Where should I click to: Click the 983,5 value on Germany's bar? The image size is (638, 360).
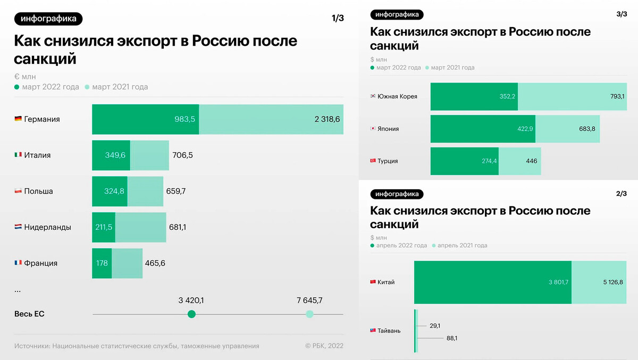point(185,119)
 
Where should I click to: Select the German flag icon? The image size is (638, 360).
point(18,119)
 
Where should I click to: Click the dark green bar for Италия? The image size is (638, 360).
point(111,155)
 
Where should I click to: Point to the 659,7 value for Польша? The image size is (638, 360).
point(177,191)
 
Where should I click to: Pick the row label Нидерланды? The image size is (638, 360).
point(48,227)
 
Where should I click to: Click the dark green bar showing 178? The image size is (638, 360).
point(102,263)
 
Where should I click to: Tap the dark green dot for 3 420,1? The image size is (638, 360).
point(192,314)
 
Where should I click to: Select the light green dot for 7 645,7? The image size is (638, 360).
point(309,314)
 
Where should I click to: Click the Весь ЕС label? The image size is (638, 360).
point(29,314)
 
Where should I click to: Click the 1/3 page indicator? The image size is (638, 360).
point(338,19)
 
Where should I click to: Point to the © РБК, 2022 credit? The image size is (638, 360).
point(324,346)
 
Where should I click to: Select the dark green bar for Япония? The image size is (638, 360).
point(483,129)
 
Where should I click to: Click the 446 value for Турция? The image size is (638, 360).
point(531,161)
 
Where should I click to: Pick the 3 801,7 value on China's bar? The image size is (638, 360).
point(558,282)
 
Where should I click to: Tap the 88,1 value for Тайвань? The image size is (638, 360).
point(451,338)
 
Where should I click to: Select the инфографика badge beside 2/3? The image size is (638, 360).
point(397,194)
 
